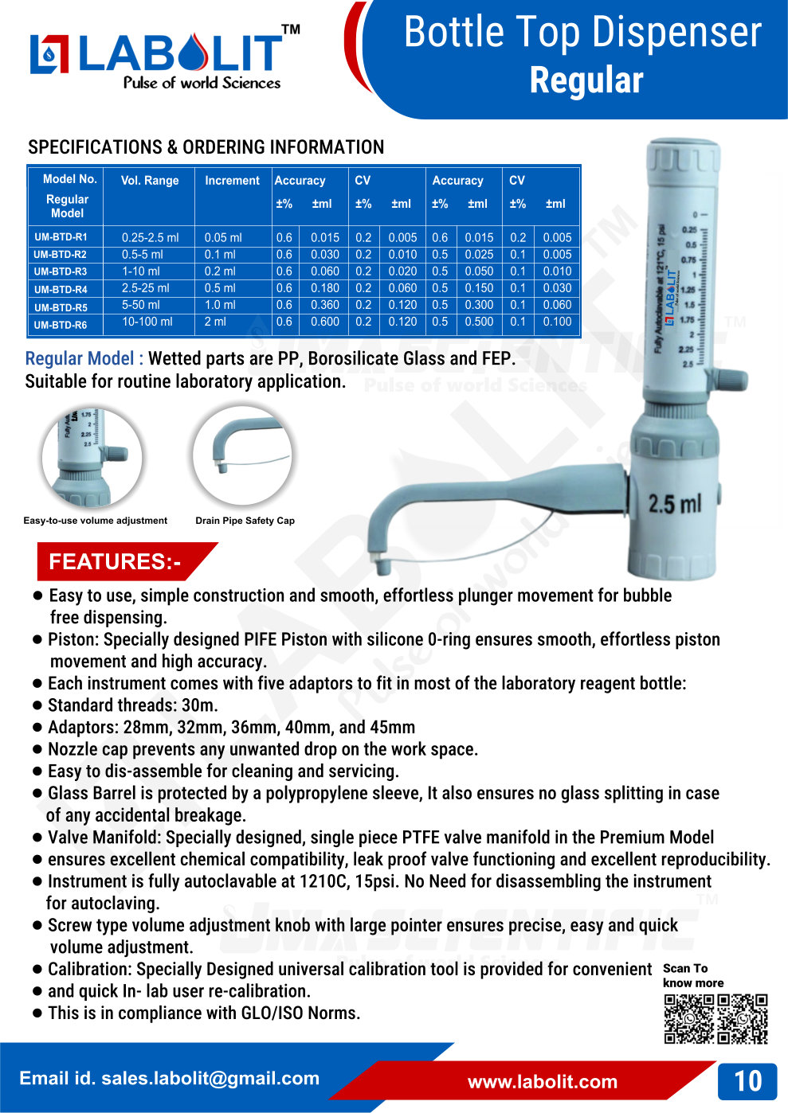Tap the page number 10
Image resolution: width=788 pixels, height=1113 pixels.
tap(747, 1080)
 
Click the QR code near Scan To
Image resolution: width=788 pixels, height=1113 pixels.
tap(715, 1018)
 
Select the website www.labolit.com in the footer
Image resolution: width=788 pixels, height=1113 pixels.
tap(542, 1081)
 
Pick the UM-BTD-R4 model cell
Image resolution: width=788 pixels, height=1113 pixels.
tap(61, 289)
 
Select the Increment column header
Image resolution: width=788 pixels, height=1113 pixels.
tap(232, 181)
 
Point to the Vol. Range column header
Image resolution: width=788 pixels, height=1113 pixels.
tap(150, 181)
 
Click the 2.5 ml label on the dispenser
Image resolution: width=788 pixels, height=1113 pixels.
tap(674, 503)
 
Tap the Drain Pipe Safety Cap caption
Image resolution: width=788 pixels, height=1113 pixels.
tap(245, 521)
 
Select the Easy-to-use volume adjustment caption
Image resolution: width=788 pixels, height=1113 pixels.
tap(96, 521)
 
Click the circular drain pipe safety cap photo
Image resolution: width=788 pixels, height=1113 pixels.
tap(242, 455)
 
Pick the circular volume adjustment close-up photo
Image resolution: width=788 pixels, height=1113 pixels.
tap(92, 457)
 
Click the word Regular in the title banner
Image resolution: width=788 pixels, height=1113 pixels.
tap(586, 80)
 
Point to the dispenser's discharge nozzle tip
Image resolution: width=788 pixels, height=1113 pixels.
tap(383, 566)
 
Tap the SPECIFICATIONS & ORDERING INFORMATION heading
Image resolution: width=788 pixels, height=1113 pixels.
tap(206, 147)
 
